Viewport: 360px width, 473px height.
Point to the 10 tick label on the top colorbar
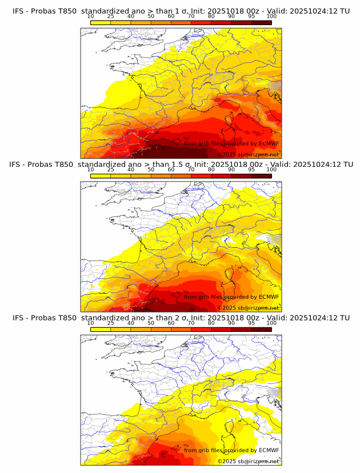(90, 16)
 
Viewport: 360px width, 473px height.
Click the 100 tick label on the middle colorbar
(271, 170)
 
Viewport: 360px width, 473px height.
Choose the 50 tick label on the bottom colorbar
(151, 323)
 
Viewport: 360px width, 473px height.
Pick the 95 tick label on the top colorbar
(251, 16)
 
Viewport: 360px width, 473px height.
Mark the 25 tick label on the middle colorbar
(111, 170)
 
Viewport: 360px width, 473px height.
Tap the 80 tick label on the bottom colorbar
(211, 323)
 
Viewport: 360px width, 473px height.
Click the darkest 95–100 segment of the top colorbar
(261, 22)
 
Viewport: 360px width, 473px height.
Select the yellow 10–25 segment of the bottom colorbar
(101, 330)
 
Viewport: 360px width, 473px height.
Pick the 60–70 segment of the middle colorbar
(181, 176)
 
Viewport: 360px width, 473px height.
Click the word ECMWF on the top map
(269, 143)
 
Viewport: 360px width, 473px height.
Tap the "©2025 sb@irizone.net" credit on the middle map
(248, 308)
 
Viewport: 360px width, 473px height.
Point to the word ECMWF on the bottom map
(269, 450)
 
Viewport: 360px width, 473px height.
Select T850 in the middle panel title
(65, 164)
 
